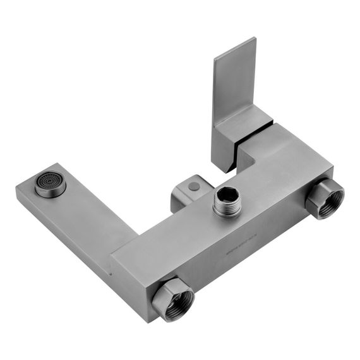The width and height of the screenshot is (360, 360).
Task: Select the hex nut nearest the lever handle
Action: point(325,197)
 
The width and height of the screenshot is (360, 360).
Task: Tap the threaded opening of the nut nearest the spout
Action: point(176,299)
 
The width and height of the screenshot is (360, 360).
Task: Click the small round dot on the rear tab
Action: point(193,187)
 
